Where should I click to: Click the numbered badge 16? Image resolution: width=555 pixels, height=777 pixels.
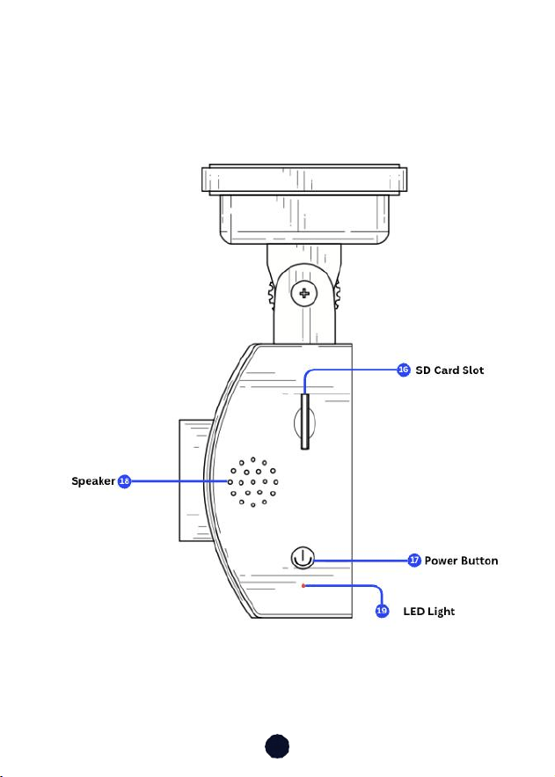[x=404, y=370]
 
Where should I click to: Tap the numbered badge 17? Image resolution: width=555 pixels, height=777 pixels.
[x=414, y=561]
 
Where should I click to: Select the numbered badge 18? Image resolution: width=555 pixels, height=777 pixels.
[x=124, y=481]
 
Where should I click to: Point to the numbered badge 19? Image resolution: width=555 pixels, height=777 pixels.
[x=382, y=611]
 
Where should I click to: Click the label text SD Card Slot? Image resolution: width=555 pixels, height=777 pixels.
[x=449, y=370]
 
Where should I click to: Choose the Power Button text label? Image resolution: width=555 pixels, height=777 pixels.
[x=461, y=561]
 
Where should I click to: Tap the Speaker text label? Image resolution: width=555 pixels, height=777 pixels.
[x=93, y=481]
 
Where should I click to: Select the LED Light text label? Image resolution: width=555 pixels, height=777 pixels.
[x=428, y=612]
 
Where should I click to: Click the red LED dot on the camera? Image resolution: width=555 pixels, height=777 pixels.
[x=303, y=586]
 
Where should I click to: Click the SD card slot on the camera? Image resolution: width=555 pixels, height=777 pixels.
[x=305, y=421]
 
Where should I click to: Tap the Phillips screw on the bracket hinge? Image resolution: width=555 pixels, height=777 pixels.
[x=304, y=293]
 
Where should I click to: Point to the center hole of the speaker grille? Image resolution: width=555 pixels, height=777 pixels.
[x=253, y=481]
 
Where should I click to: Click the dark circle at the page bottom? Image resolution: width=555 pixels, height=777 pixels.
[x=277, y=746]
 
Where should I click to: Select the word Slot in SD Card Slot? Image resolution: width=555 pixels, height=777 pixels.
[x=473, y=370]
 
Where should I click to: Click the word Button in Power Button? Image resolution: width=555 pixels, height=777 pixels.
[x=478, y=561]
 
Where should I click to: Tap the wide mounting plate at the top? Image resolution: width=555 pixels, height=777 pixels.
[x=304, y=180]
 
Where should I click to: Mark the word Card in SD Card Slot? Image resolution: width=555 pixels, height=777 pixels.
[x=447, y=370]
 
